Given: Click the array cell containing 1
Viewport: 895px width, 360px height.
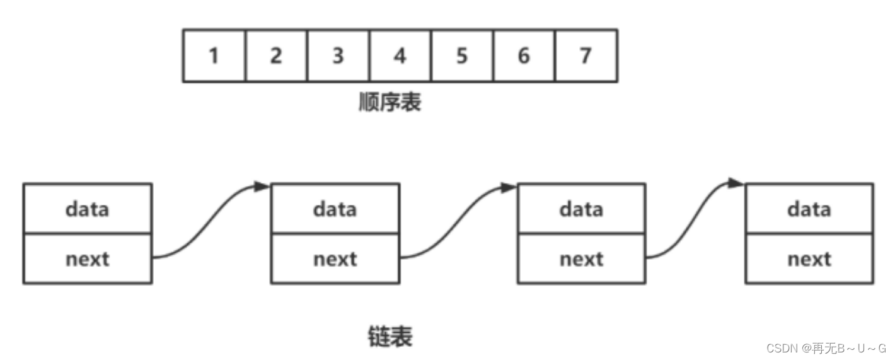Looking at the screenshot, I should (214, 55).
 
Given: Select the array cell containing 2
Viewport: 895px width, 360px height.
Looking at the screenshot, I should (276, 55).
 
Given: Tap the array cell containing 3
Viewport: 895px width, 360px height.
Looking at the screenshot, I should (338, 55).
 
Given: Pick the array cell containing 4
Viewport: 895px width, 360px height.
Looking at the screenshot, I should (400, 55).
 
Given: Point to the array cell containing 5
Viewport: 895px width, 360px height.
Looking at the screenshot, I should (462, 55).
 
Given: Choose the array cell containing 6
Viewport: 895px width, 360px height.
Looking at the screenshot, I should (524, 55).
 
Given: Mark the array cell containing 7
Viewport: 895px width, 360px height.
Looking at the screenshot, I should (586, 55).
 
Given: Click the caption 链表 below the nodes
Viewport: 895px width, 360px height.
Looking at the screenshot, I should (390, 336).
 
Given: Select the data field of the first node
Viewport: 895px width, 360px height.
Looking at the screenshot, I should (87, 209).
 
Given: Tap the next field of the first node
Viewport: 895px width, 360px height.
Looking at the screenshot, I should (87, 258).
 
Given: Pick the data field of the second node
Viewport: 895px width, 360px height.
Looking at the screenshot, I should (335, 209).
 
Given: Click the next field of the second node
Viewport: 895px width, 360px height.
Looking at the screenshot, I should (335, 258).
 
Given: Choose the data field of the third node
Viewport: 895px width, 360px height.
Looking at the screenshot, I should (581, 209).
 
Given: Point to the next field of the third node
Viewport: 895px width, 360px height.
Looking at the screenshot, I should (581, 258).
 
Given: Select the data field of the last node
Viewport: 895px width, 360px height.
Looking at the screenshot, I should (809, 209).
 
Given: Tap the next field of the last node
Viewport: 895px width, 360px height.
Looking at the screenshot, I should (809, 258).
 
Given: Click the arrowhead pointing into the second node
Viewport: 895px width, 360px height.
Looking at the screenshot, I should (262, 187).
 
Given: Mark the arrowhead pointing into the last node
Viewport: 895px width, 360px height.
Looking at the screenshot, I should (736, 183).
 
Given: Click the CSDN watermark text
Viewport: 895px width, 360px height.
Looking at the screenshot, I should (826, 347).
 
